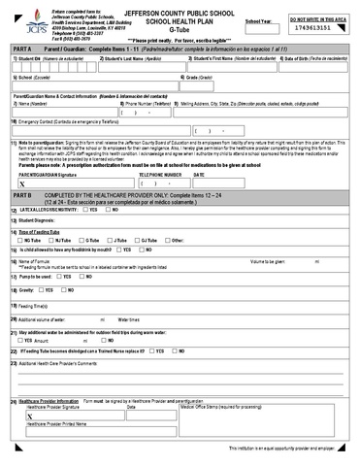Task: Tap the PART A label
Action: click(x=21, y=48)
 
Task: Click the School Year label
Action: click(x=259, y=19)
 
